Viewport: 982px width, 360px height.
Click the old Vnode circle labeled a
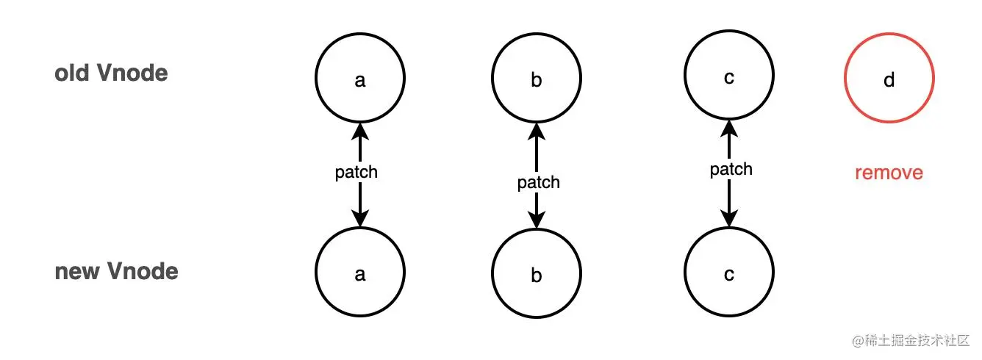pos(359,79)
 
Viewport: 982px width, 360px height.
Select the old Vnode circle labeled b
pos(536,79)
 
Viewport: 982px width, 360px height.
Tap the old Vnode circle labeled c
pos(728,77)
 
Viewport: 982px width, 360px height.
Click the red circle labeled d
pos(889,79)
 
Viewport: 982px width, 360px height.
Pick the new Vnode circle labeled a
pos(359,273)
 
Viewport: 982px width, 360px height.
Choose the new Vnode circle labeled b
pos(536,276)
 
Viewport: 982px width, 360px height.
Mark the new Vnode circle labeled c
pos(728,274)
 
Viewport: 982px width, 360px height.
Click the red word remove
pos(889,173)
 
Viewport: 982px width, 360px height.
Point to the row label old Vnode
pos(111,73)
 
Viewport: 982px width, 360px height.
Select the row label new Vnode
pos(116,271)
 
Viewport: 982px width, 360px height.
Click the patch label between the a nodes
pos(356,172)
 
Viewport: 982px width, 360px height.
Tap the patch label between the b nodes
pos(538,182)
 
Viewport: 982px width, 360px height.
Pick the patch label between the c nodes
pos(731,169)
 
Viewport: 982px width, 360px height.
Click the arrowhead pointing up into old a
pos(359,132)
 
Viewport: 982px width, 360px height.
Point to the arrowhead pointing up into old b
pos(536,132)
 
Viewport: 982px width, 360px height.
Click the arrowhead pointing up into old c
pos(728,129)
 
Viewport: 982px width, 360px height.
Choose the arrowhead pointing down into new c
pos(728,220)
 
